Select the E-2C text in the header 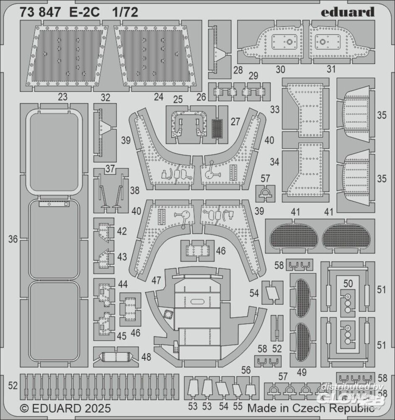pos(88,12)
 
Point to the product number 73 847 pos(43,12)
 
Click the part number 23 pos(63,97)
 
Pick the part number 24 pos(158,97)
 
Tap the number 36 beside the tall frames pos(13,239)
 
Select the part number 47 pos(156,280)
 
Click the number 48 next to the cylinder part pos(146,357)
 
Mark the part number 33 pos(275,110)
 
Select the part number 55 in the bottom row pos(237,407)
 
